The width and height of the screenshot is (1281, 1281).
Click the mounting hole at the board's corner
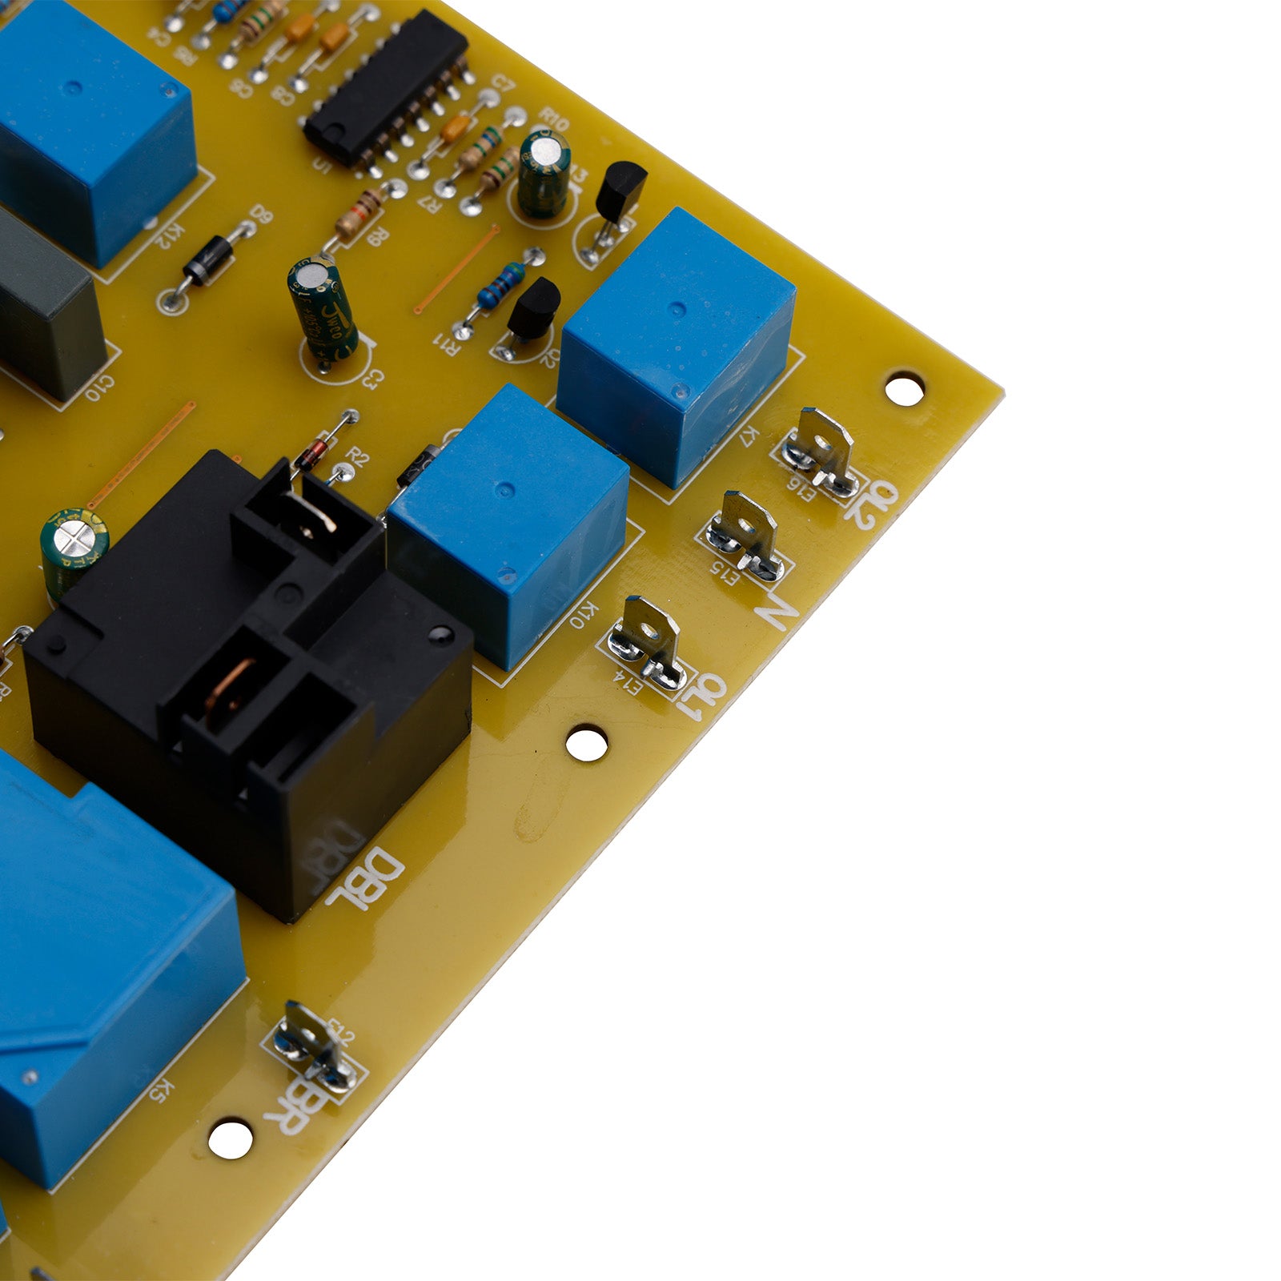tap(905, 388)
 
